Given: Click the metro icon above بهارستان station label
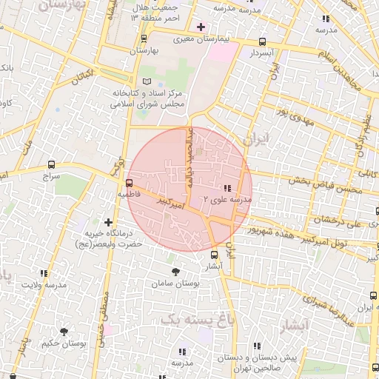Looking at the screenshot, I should pyautogui.click(x=144, y=38).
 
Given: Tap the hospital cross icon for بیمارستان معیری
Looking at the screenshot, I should pyautogui.click(x=201, y=27).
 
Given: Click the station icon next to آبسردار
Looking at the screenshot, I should pyautogui.click(x=262, y=42).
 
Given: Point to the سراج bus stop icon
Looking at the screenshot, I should pyautogui.click(x=51, y=164).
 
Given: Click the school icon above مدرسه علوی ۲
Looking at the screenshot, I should pyautogui.click(x=227, y=188).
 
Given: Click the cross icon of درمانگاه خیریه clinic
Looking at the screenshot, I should pyautogui.click(x=109, y=222).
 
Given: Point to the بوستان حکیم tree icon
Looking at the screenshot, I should pyautogui.click(x=64, y=331).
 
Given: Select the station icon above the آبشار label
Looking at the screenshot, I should pyautogui.click(x=214, y=255).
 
